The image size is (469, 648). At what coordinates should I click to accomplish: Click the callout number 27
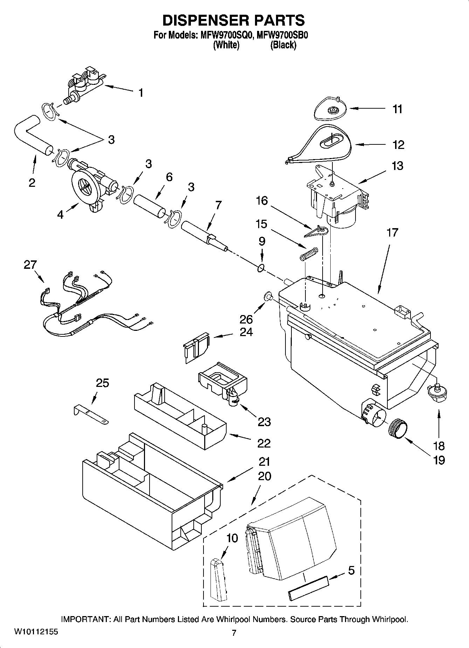30,265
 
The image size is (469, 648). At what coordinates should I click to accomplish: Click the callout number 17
392,232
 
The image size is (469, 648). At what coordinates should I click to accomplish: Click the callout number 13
397,165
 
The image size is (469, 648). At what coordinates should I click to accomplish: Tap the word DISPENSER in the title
201,21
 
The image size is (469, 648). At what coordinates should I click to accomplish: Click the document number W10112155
36,632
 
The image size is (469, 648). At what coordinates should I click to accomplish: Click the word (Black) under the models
283,45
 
